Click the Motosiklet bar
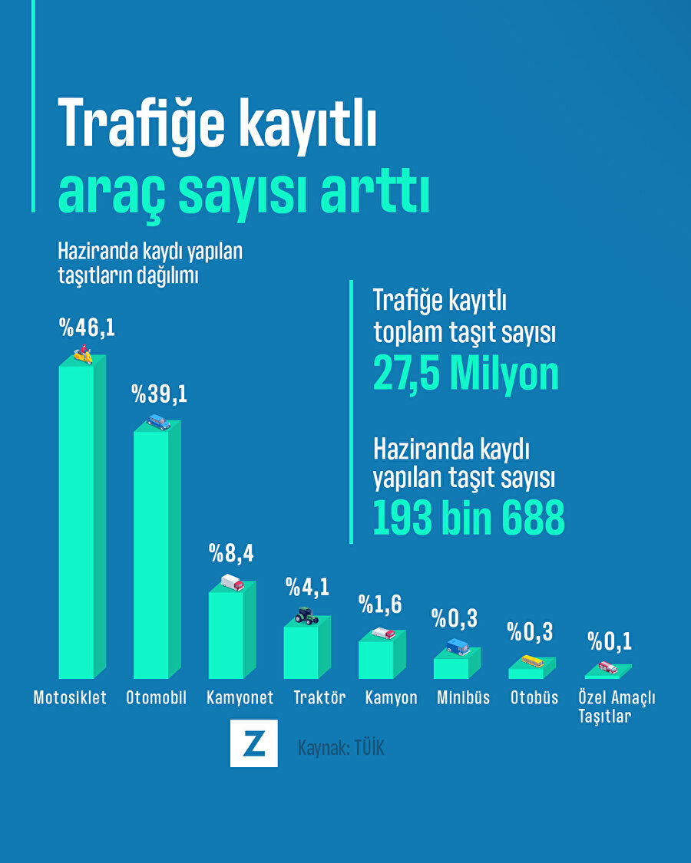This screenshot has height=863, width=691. point(77,522)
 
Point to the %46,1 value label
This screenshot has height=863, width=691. point(87,328)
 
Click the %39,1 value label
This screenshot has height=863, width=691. point(159,395)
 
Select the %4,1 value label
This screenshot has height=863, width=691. point(307,588)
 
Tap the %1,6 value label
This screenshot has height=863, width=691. point(380,604)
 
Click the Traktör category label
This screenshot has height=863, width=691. point(319,698)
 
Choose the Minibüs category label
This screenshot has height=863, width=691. point(463,698)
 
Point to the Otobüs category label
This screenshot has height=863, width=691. point(534,698)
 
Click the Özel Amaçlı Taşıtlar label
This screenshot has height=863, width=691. point(617,707)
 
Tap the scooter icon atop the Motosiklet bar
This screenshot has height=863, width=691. point(82,355)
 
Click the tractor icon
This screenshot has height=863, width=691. point(306,615)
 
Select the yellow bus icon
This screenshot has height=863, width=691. point(532,660)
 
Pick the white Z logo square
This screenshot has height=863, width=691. point(253,743)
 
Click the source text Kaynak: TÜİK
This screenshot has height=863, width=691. point(341,747)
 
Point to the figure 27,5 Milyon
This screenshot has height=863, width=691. point(466,374)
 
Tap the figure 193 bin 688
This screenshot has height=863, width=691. point(468,519)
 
